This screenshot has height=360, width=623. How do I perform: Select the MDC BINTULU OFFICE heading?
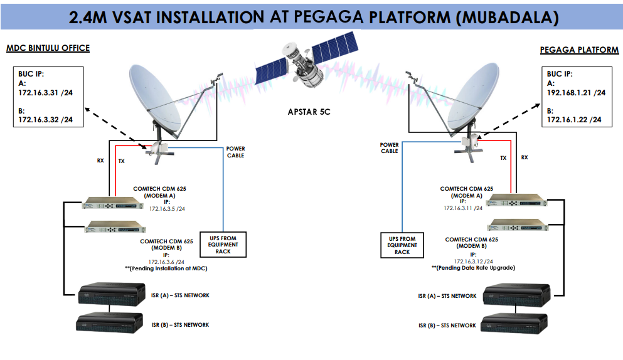pyautogui.click(x=48, y=48)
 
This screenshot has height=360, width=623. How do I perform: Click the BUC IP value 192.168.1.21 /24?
pyautogui.click(x=576, y=92)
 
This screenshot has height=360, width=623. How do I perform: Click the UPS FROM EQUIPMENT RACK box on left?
pyautogui.click(x=223, y=244)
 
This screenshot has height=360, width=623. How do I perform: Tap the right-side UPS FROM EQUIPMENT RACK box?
pyautogui.click(x=402, y=245)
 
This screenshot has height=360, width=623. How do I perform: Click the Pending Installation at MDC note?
pyautogui.click(x=166, y=268)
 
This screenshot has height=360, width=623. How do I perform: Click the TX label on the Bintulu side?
pyautogui.click(x=121, y=161)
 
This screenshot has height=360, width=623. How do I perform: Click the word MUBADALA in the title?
pyautogui.click(x=509, y=17)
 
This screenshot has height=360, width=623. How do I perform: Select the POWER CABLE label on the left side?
pyautogui.click(x=236, y=152)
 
